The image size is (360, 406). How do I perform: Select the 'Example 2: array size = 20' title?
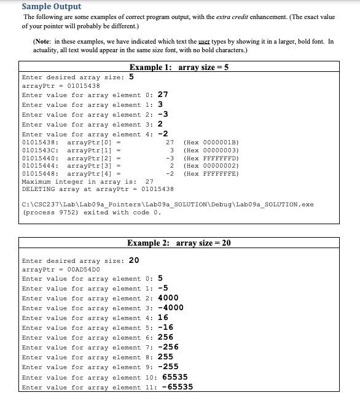coord(179,243)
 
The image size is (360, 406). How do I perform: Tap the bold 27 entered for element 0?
coord(163,95)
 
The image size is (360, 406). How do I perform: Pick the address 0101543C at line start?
coord(40,150)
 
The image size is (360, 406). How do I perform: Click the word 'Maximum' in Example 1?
coord(37,182)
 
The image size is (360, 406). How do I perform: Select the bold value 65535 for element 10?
coord(175,377)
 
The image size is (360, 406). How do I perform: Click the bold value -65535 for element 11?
coord(178,387)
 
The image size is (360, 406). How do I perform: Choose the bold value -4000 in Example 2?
coord(171,308)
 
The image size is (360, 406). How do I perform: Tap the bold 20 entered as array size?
coord(134,260)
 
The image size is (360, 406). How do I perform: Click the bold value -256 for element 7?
coord(168,347)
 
